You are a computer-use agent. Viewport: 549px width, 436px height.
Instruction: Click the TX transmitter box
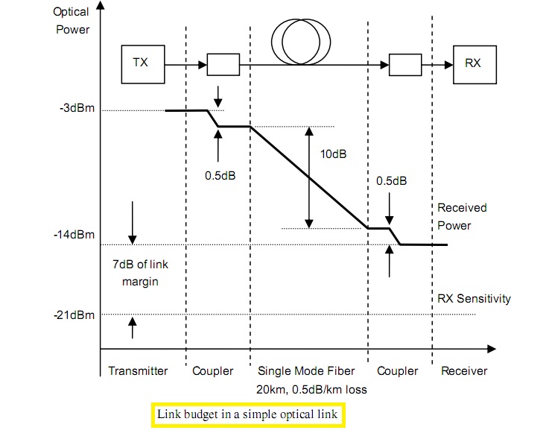coord(140,63)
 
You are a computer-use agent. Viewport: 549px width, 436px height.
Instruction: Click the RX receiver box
coord(472,63)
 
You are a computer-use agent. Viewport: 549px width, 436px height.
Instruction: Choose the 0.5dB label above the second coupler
coord(391,181)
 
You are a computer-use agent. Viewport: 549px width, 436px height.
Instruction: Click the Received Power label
coord(461,216)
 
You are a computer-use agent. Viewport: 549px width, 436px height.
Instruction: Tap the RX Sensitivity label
coord(474,299)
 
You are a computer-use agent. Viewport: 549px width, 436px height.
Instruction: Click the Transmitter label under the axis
coord(138,370)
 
